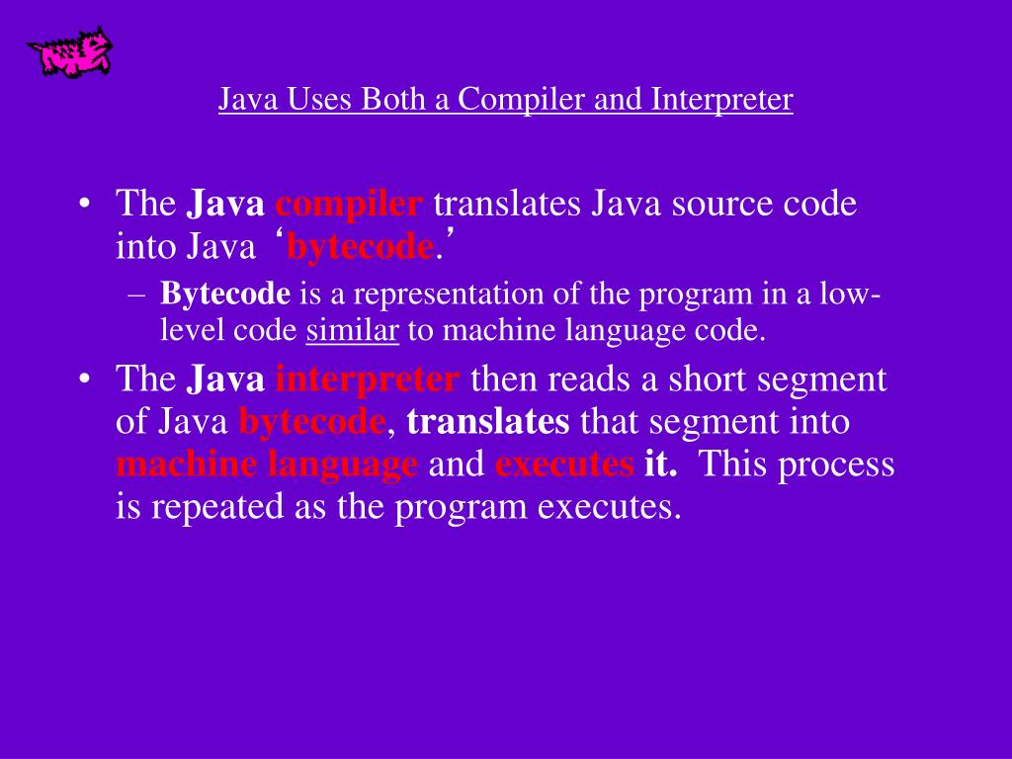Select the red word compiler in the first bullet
[349, 205]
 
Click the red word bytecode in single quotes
[360, 247]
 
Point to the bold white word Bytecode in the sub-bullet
[226, 295]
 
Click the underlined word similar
[352, 331]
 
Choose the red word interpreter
[367, 379]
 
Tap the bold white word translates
[488, 422]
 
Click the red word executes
[563, 464]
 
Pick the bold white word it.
[660, 464]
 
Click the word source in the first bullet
[717, 205]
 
